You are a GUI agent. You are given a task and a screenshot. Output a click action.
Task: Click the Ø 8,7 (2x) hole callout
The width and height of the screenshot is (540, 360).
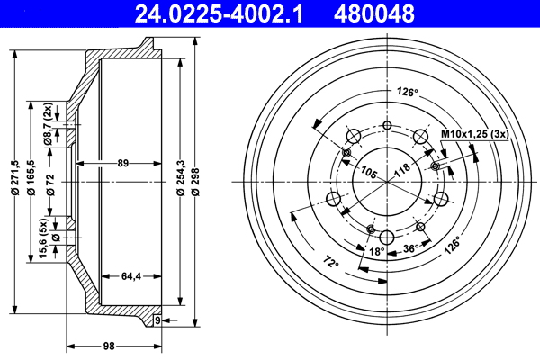pos(46,124)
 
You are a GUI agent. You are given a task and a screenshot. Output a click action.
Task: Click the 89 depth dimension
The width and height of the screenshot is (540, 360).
pos(123,163)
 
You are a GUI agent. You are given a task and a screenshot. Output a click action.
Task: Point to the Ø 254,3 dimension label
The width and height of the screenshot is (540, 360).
pos(182,184)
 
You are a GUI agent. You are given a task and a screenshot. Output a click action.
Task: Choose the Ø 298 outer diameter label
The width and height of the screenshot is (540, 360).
pos(197,184)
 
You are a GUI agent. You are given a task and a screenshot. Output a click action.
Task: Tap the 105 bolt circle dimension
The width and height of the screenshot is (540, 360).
pos(367,172)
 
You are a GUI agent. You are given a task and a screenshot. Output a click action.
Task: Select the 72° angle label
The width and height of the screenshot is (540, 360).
pos(330,263)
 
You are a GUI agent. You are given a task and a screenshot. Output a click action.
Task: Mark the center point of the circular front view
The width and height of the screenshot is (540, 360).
pos(387,182)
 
